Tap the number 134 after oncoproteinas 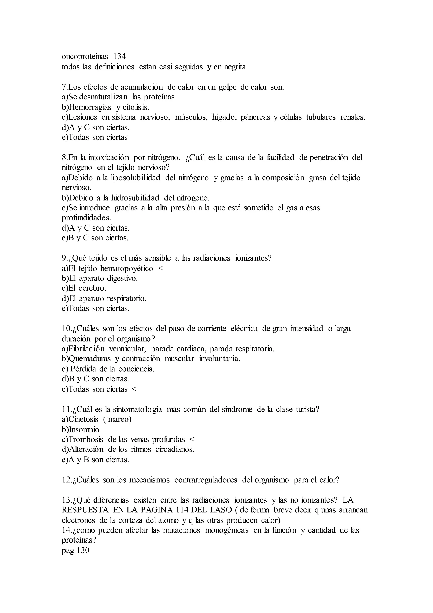click(x=119, y=57)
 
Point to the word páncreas click(x=255, y=117)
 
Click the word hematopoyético click(x=127, y=268)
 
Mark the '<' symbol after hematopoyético click(x=160, y=268)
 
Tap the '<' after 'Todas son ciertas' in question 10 click(x=134, y=389)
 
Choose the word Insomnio click(x=84, y=429)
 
